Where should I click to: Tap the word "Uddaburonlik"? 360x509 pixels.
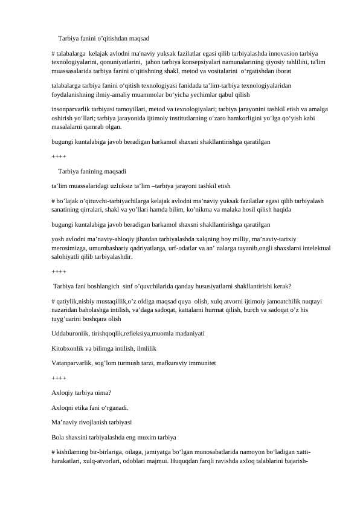pyautogui.click(x=71, y=333)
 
